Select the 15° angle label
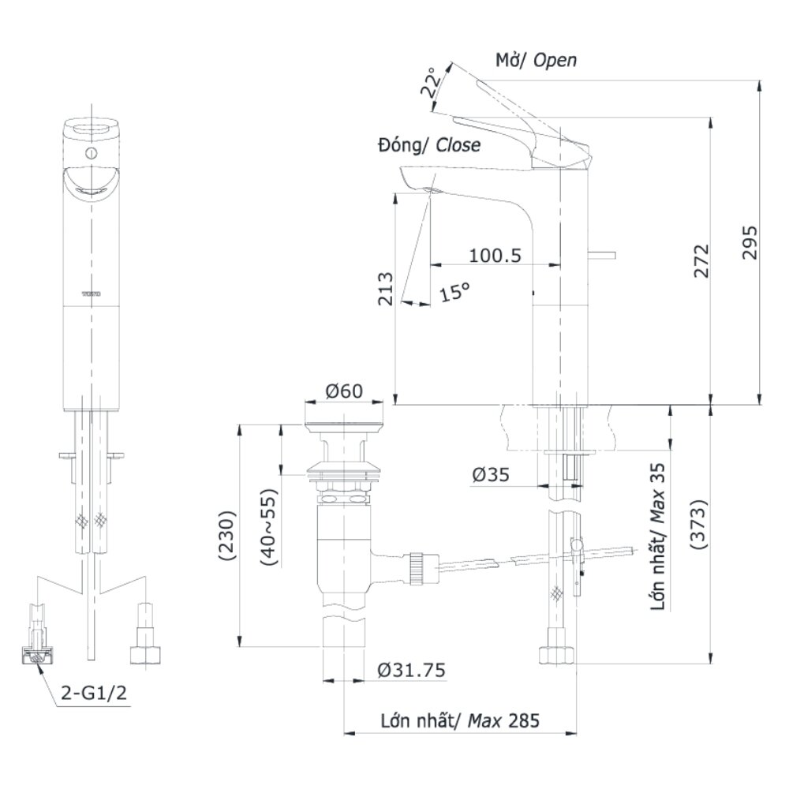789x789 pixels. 454,292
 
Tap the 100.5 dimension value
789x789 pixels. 495,256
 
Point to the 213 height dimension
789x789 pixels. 385,290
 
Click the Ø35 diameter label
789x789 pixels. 491,474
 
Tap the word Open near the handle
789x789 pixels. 555,60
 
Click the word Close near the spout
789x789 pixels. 458,145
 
